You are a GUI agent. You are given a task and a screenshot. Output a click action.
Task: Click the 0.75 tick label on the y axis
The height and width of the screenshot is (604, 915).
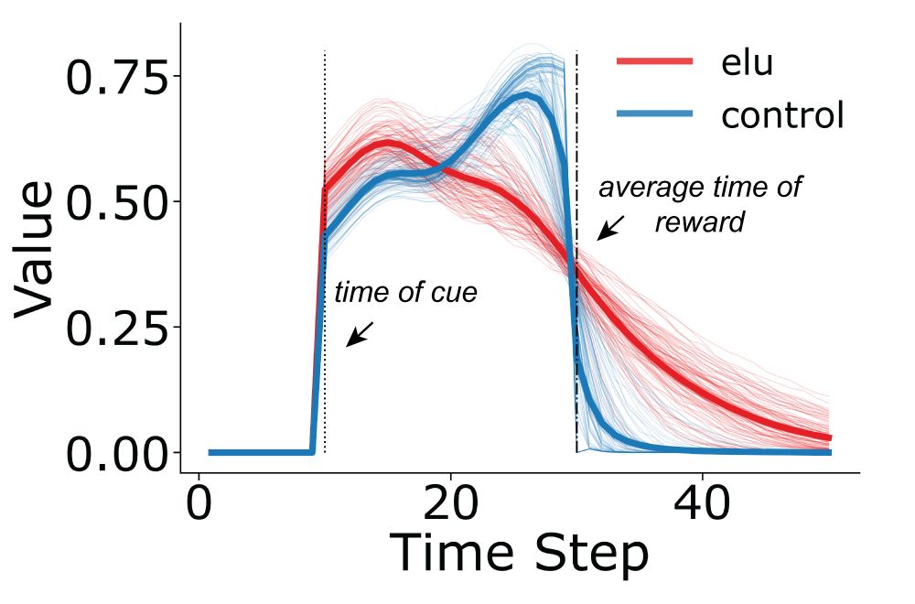pyautogui.click(x=118, y=79)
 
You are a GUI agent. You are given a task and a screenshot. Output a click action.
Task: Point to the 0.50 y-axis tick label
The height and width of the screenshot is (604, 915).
pyautogui.click(x=118, y=203)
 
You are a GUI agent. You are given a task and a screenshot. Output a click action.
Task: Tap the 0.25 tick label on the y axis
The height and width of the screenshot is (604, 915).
pyautogui.click(x=118, y=329)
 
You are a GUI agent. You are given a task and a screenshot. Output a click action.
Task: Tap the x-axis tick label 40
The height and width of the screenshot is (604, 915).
pyautogui.click(x=702, y=504)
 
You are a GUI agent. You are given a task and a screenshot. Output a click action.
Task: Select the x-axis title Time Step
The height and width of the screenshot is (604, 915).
pyautogui.click(x=519, y=555)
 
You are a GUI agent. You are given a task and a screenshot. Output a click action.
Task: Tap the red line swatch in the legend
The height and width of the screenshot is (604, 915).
pyautogui.click(x=655, y=61)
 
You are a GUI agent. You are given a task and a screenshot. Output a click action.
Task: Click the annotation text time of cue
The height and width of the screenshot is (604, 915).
pyautogui.click(x=405, y=293)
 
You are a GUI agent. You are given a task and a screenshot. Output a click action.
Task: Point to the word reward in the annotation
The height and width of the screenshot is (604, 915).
pyautogui.click(x=700, y=222)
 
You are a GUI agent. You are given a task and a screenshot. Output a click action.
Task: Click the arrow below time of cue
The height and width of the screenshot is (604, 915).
pyautogui.click(x=359, y=334)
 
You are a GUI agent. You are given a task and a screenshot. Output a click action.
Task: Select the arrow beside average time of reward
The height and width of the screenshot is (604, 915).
pyautogui.click(x=610, y=227)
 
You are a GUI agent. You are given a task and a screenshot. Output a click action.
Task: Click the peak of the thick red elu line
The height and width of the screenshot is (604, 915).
pyautogui.click(x=389, y=143)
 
